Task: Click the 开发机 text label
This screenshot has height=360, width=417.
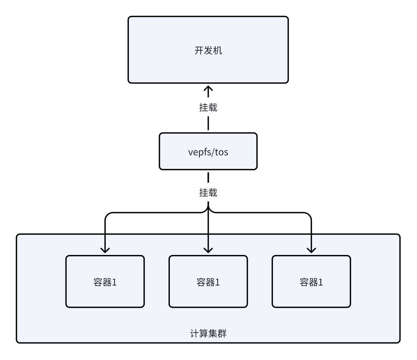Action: [x=208, y=51]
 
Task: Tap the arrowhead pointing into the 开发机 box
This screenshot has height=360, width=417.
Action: [x=208, y=89]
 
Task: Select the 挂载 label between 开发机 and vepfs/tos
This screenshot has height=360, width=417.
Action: [x=208, y=107]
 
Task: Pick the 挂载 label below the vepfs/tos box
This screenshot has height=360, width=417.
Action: [x=208, y=193]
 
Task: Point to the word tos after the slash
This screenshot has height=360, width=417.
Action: [x=222, y=152]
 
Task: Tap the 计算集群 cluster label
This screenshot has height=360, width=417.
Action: [x=208, y=334]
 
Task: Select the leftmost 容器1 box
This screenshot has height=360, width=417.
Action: [x=105, y=281]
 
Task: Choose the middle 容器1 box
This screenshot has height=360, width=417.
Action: [x=208, y=281]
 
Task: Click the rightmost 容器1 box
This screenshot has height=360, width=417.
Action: [x=311, y=281]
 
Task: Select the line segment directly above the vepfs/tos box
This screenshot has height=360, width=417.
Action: [x=208, y=124]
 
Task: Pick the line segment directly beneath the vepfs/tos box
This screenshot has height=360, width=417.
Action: [x=208, y=177]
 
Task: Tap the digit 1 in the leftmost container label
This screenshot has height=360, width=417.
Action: [x=114, y=282]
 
